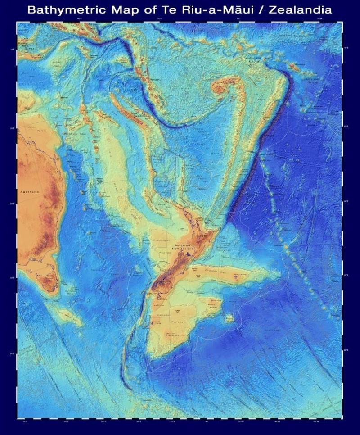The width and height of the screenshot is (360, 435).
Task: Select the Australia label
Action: coord(30,191)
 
